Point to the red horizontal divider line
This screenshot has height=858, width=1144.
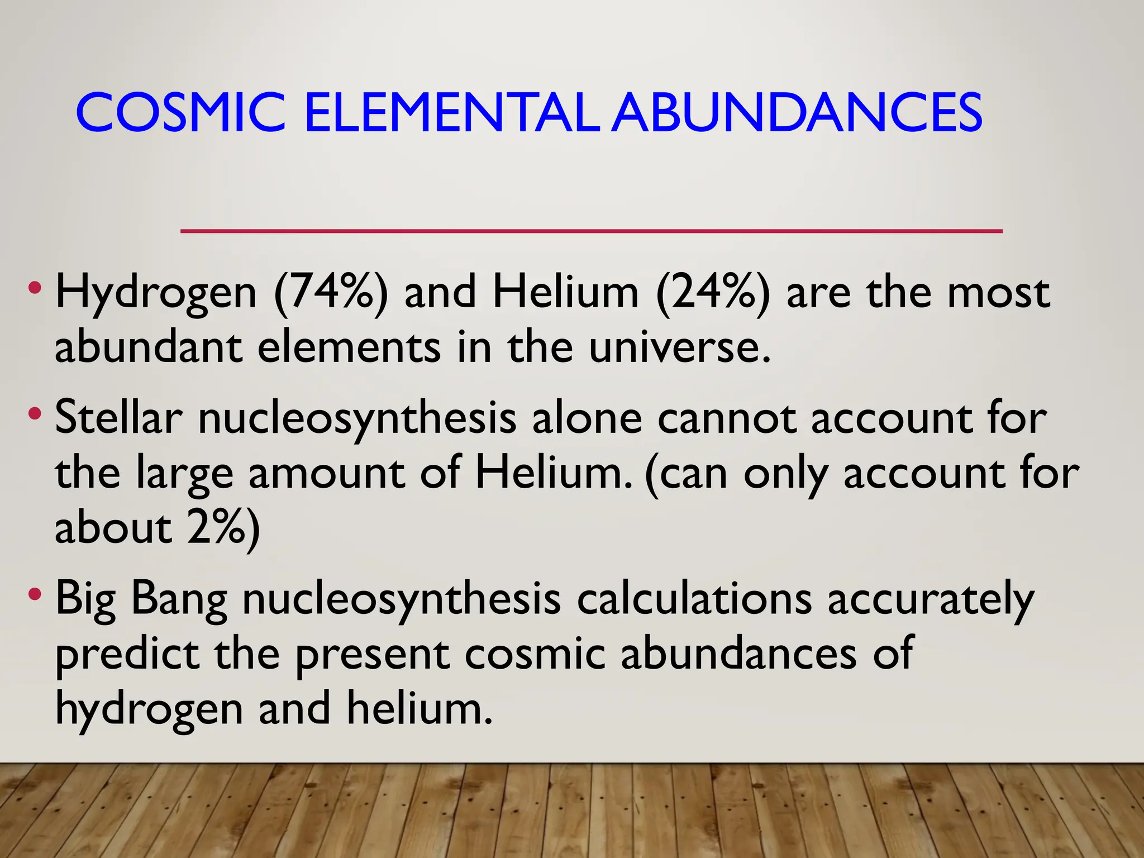coord(591,231)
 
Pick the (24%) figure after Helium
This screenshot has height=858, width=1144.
coord(713,293)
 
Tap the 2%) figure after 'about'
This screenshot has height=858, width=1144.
coord(224,528)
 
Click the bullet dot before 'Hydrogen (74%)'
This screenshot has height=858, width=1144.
coord(35,289)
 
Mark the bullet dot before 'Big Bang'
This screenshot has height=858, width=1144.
coord(35,594)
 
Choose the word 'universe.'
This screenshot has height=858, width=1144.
coord(680,347)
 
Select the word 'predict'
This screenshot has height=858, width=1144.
coord(127,655)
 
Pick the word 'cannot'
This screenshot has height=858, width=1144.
coord(726,419)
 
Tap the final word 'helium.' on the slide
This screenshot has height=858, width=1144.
coord(420,708)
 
